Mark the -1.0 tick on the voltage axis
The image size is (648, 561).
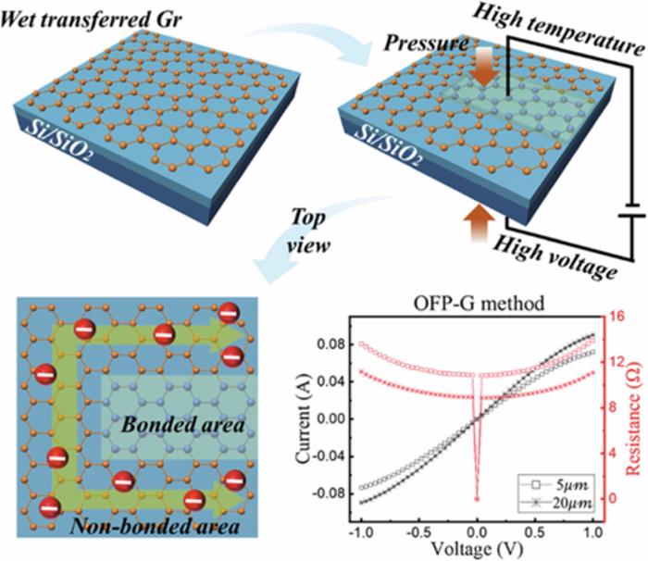[359, 533]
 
